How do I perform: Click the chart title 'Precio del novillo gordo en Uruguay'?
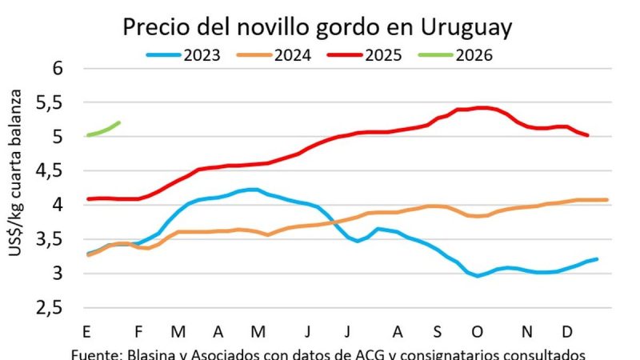tap(317, 28)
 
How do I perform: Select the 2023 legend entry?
tap(202, 55)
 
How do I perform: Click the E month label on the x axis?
tap(86, 330)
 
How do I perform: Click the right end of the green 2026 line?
tap(119, 122)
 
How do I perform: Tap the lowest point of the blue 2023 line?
tap(478, 276)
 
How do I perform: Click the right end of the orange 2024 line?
tap(607, 200)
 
